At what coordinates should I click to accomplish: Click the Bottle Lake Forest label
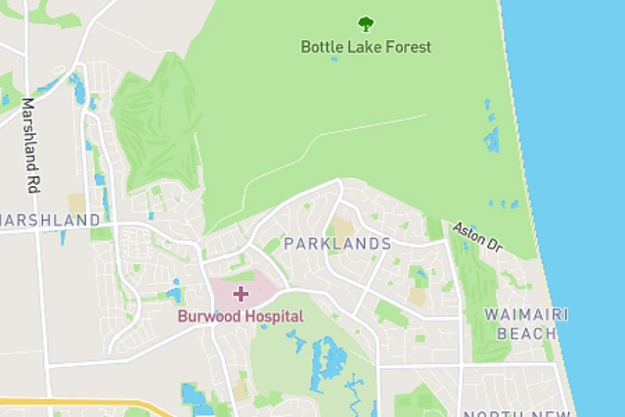366,47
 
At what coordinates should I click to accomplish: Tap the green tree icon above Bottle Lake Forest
366,23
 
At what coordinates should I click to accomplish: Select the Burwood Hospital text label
241,316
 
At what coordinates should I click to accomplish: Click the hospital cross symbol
241,293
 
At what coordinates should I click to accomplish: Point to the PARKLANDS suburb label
337,244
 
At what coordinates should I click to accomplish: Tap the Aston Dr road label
476,238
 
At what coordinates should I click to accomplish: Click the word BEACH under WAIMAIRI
527,334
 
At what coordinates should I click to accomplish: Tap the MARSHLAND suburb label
51,220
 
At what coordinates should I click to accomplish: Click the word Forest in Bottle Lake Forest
410,47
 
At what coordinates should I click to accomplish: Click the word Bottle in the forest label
321,47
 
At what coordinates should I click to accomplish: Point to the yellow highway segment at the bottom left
78,402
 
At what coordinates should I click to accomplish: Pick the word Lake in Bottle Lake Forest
366,47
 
